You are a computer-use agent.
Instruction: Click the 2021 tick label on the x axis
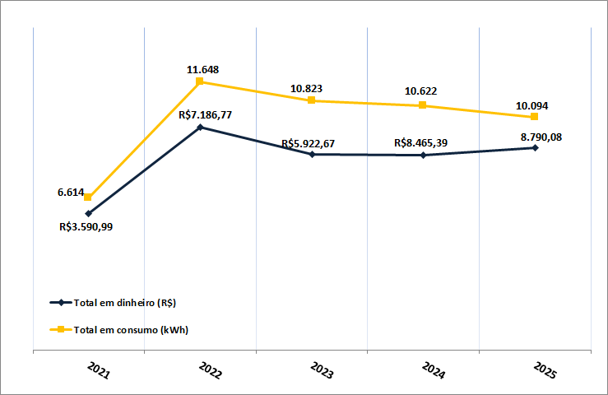coord(98,369)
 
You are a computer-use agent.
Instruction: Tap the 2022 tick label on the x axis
coord(210,369)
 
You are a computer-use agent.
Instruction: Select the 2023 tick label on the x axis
coord(321,369)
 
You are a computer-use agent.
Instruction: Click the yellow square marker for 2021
coord(88,197)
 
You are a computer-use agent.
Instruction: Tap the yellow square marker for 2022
coord(200,81)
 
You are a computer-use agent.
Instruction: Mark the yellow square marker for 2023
coord(312,100)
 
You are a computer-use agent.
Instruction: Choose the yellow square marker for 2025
coord(535,117)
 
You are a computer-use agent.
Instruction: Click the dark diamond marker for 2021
coord(88,213)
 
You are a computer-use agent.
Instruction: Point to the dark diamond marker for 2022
coord(200,128)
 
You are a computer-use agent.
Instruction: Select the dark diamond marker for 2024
coord(423,155)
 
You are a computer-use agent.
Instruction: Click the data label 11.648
coord(202,70)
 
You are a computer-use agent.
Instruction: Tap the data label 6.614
coord(71,192)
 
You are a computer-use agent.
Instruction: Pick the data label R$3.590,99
coord(86,226)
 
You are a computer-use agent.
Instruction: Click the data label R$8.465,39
coord(421,143)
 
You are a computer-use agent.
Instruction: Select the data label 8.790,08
coord(541,137)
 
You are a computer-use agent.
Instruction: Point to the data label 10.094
coord(532,105)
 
